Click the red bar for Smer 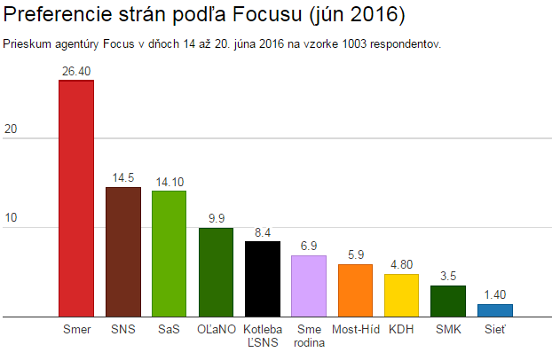[x=76, y=198]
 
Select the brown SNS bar [x=122, y=252]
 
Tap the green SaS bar [x=169, y=254]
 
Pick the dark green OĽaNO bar [x=216, y=272]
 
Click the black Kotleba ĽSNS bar [x=262, y=278]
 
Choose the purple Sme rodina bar [x=309, y=286]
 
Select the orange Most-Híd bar [x=355, y=290]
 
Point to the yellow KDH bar [x=401, y=295]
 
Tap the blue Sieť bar [x=494, y=310]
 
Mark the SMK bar [x=448, y=301]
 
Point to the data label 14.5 [x=122, y=178]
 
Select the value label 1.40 [x=494, y=295]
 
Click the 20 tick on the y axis [x=11, y=129]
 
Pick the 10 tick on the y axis [x=11, y=218]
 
